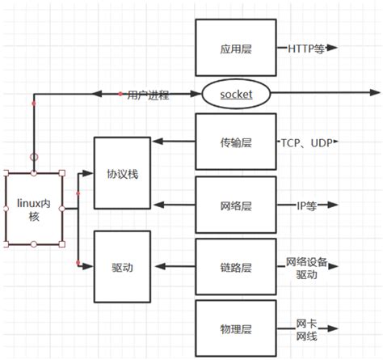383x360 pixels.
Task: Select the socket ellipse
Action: [x=237, y=95]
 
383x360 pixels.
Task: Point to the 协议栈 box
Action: [x=123, y=174]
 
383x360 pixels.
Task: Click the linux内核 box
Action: [x=34, y=207]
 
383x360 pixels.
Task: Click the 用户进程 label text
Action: [x=148, y=95]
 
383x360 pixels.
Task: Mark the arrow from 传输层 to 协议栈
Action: [x=174, y=142]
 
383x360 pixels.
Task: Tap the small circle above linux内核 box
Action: [x=34, y=156]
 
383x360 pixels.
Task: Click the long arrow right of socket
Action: [x=323, y=95]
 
